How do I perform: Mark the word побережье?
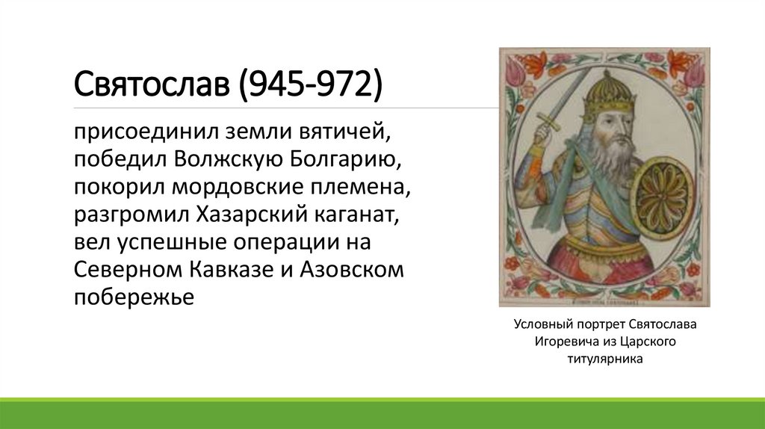click(134, 297)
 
